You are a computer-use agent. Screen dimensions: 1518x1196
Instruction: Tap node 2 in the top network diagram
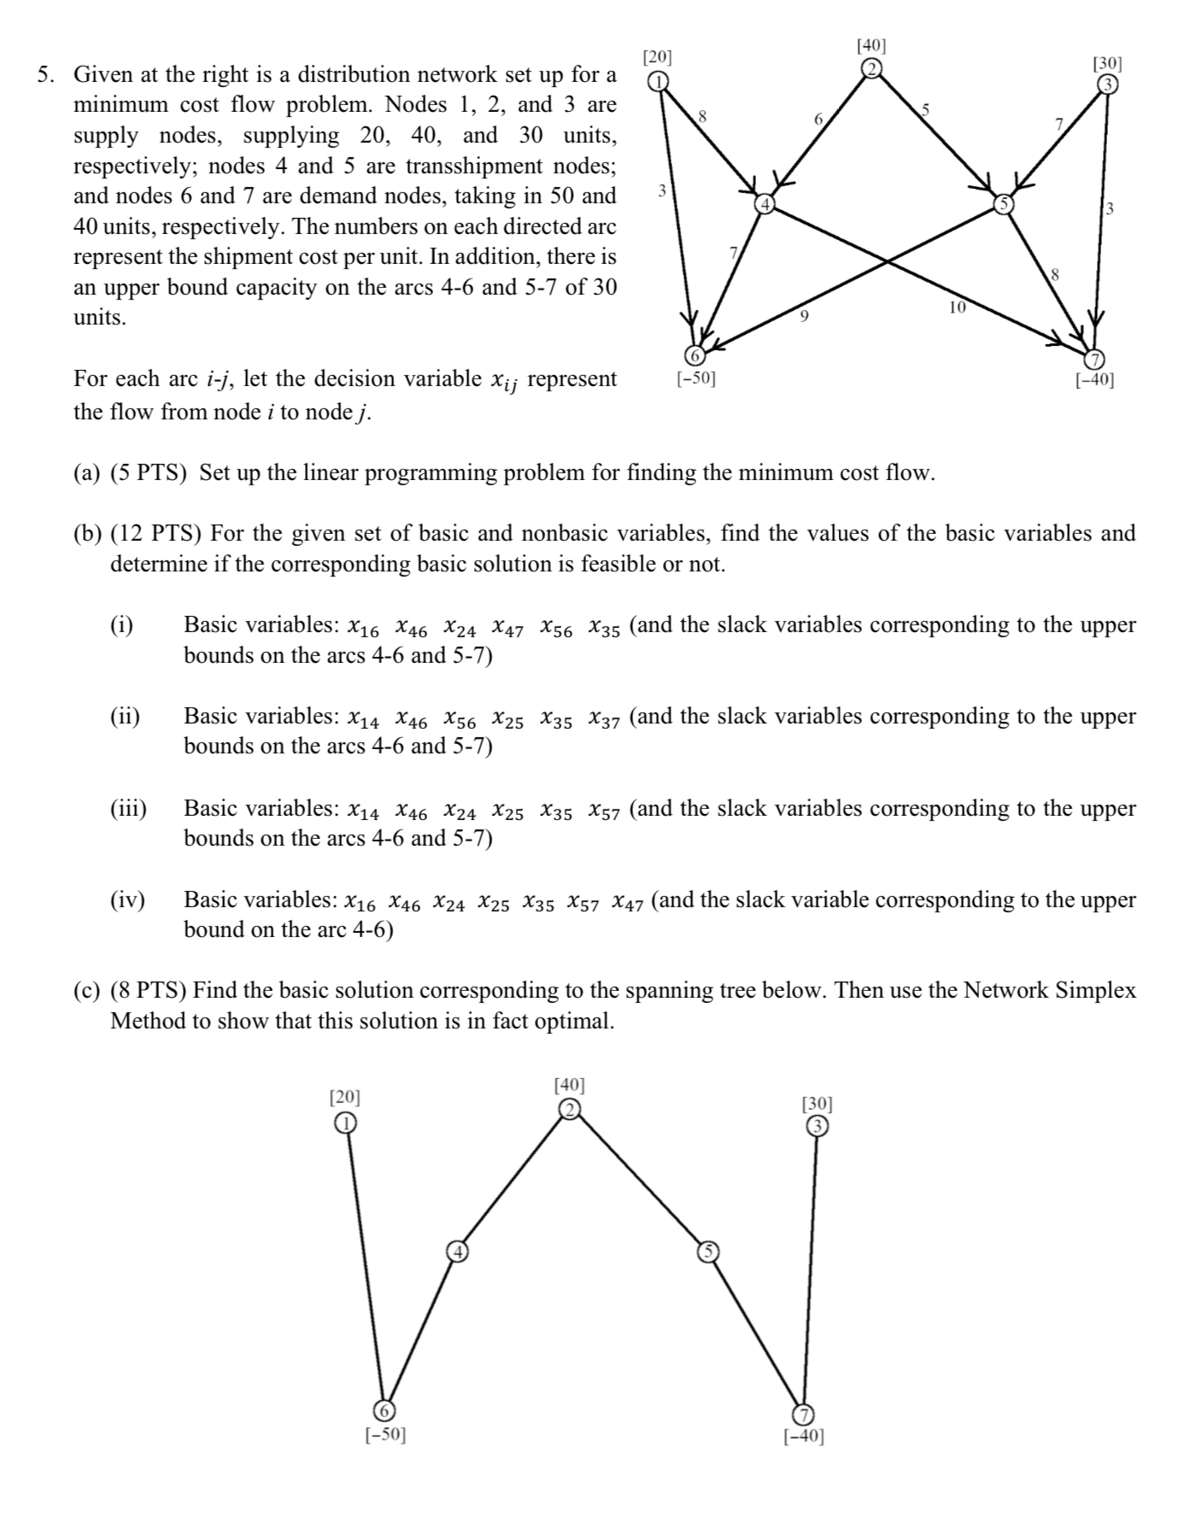click(x=871, y=69)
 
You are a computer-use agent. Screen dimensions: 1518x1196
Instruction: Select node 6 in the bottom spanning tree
click(x=385, y=1410)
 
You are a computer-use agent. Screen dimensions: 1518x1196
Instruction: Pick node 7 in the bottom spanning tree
click(x=804, y=1413)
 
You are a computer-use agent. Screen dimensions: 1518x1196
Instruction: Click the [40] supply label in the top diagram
click(x=871, y=44)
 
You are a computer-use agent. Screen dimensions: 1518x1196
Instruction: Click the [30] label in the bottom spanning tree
click(x=818, y=1104)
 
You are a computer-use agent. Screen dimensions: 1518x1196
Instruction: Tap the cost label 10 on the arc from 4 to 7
click(x=957, y=307)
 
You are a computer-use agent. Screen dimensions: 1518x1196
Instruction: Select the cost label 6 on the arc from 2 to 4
click(x=818, y=120)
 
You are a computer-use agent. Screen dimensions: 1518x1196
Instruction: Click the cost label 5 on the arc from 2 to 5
click(x=924, y=108)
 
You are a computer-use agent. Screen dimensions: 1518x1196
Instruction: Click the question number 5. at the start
click(x=46, y=75)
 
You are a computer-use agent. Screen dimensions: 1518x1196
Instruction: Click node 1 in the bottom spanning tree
click(x=344, y=1123)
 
